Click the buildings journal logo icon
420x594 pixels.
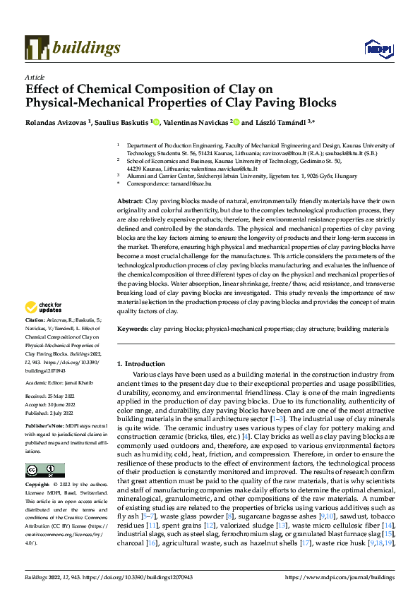pyautogui.click(x=36, y=47)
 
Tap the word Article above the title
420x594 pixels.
pyautogui.click(x=35, y=77)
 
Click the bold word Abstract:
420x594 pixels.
pyautogui.click(x=130, y=202)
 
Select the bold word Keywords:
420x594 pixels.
pyautogui.click(x=132, y=329)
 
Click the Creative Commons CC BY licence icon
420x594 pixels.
pyautogui.click(x=45, y=470)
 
